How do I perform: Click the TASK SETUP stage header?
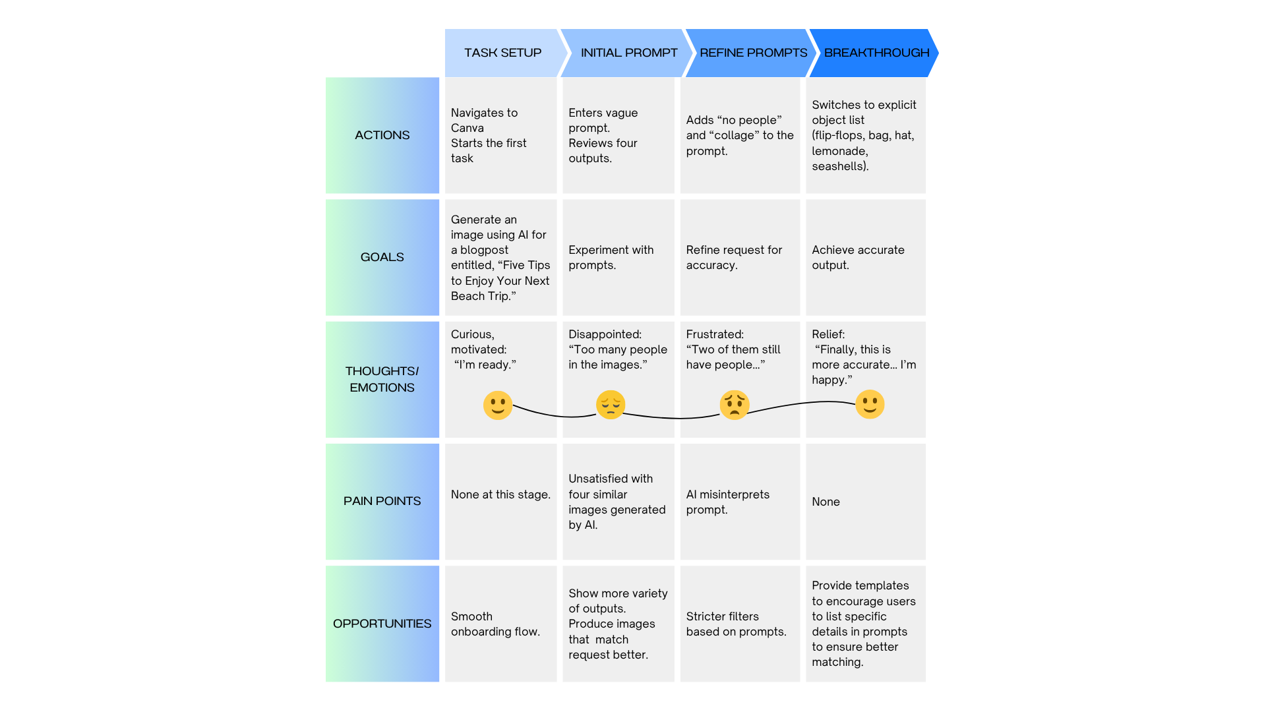click(502, 53)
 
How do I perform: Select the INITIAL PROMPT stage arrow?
click(628, 53)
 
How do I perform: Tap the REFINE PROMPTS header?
click(753, 53)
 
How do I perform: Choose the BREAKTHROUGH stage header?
click(876, 53)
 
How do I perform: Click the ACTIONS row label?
click(382, 135)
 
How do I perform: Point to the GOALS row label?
click(382, 257)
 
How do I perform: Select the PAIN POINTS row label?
click(382, 501)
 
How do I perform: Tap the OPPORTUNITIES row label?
click(382, 624)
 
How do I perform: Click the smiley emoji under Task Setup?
click(498, 405)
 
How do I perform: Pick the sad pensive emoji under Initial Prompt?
click(611, 405)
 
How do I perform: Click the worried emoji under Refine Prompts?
click(735, 405)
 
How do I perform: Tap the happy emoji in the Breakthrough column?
click(870, 404)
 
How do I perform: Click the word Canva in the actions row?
click(467, 128)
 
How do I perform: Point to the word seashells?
click(839, 166)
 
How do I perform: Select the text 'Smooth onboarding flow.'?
click(495, 624)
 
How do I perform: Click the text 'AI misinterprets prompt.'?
click(727, 502)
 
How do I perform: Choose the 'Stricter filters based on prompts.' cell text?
click(735, 624)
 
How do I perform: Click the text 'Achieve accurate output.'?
click(857, 257)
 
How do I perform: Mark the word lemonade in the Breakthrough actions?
click(839, 151)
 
